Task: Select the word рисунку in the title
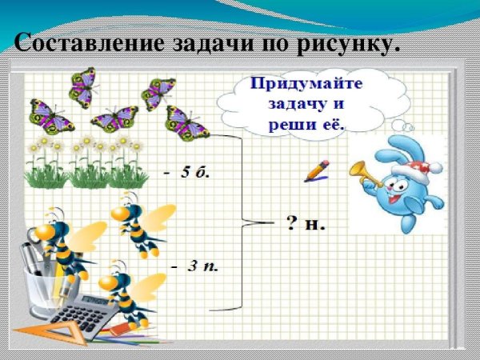[351, 44]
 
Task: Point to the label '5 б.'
[191, 172]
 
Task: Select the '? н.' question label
[306, 222]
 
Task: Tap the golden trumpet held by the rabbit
[364, 173]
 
